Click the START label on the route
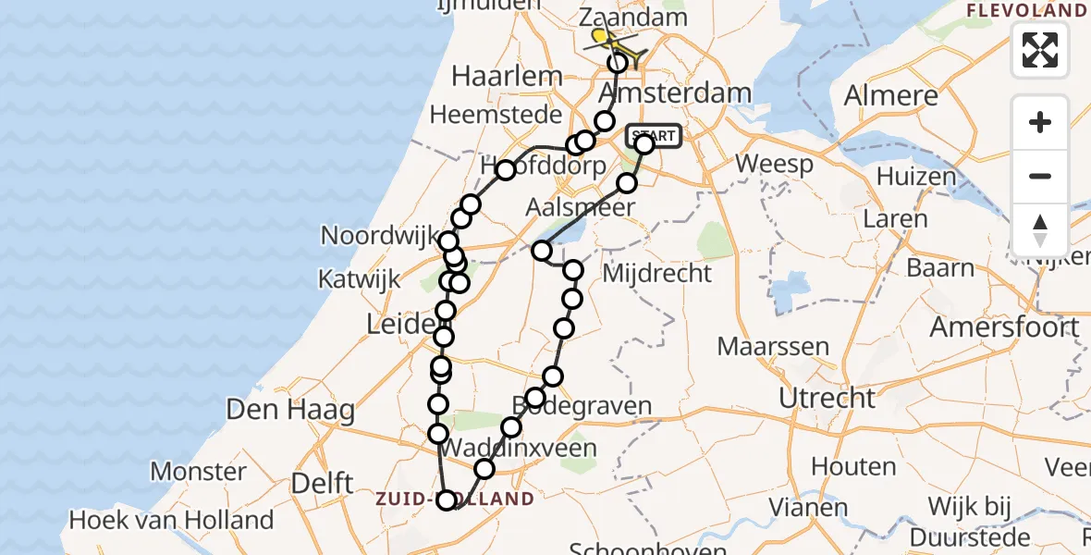[x=655, y=136]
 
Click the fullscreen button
[x=1040, y=50]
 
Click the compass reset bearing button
[x=1040, y=230]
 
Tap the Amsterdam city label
[x=675, y=93]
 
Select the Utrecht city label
[x=827, y=398]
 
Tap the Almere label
[x=891, y=95]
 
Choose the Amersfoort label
[x=1004, y=327]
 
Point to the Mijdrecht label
[x=656, y=274]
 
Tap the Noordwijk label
[x=379, y=236]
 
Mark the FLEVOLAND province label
[x=1026, y=11]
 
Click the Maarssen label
[x=761, y=348]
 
